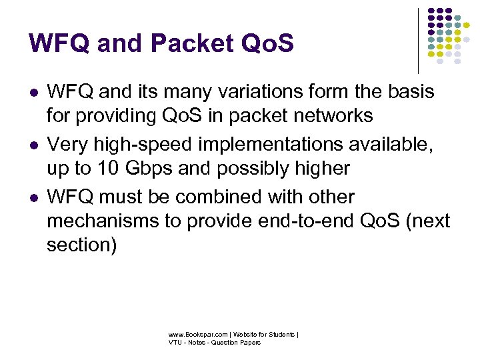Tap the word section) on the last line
click(x=81, y=245)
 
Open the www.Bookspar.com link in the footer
click(x=199, y=335)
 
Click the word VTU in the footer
click(x=175, y=343)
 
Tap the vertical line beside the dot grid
click(x=418, y=40)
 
